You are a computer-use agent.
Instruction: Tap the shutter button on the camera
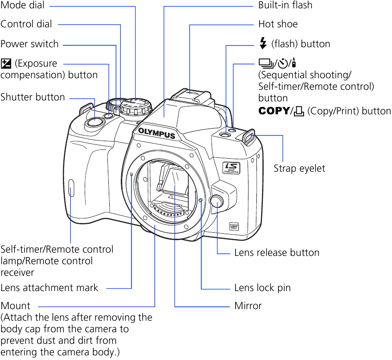pos(94,122)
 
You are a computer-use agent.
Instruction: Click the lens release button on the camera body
pos(216,201)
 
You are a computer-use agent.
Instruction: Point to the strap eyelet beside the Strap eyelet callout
pos(248,136)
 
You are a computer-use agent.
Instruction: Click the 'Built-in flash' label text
pos(285,6)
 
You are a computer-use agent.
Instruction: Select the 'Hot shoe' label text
pos(278,24)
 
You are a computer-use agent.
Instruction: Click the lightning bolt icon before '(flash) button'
pos(263,43)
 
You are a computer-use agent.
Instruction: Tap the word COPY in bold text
pos(274,111)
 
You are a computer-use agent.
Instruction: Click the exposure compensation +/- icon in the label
pos(6,63)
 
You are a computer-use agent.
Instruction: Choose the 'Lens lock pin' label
pos(262,288)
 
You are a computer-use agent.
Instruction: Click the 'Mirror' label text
pos(248,306)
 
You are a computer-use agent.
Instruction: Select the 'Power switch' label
pos(30,44)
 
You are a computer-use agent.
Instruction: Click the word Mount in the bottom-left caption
pos(15,306)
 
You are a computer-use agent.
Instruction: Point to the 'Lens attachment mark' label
pos(50,288)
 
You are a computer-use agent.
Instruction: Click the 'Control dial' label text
pos(26,24)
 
